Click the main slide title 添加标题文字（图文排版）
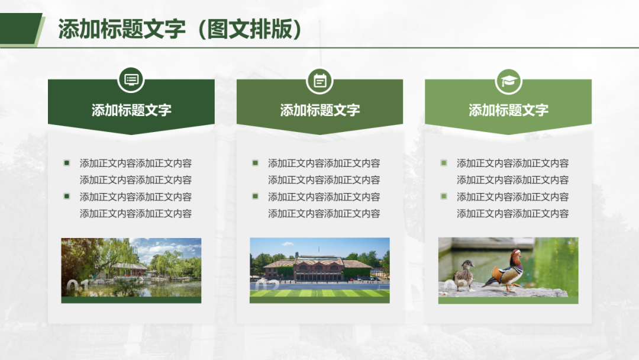coord(180,30)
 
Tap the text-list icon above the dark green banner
coord(131,79)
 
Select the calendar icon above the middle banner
coord(320,81)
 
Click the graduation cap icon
coord(509,81)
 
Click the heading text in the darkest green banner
coord(131,110)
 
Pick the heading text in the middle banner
coord(320,110)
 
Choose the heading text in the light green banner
coord(509,110)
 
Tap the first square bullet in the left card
coord(67,163)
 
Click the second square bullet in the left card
coord(67,197)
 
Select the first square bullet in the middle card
coord(255,163)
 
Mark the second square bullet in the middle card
coord(255,197)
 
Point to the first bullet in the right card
coord(444,163)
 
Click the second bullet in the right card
coord(444,197)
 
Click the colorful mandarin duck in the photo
coord(505,271)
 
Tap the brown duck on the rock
coord(464,275)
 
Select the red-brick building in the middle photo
coord(317,268)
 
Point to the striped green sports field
coord(319,293)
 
